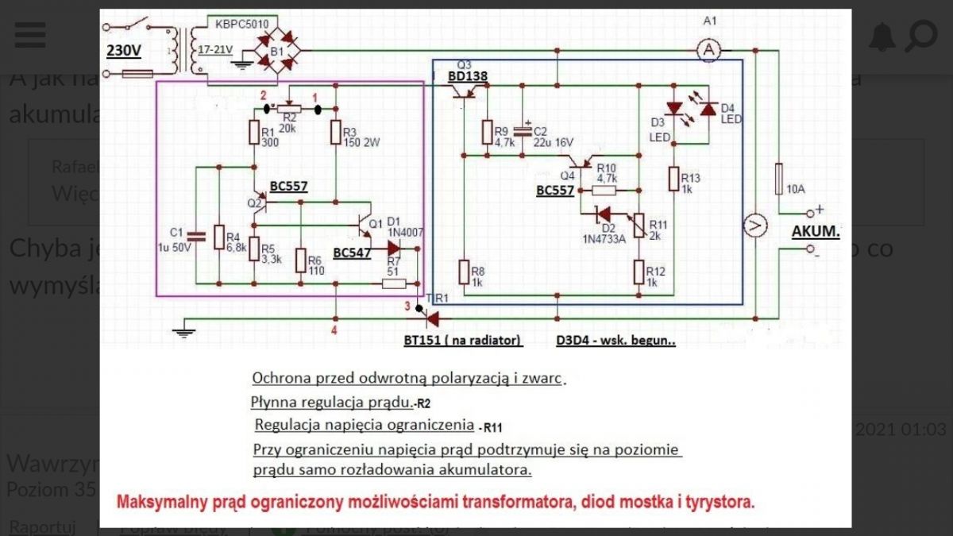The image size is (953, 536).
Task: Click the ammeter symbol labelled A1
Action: (712, 50)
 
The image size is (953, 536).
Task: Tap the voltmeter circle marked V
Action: (755, 226)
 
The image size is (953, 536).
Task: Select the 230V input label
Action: (124, 51)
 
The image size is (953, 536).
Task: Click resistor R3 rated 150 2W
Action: (337, 132)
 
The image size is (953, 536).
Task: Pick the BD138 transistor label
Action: (468, 77)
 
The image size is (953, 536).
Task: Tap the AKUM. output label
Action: (816, 232)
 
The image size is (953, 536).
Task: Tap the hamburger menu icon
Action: (30, 35)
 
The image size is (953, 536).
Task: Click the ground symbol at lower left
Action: (184, 330)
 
